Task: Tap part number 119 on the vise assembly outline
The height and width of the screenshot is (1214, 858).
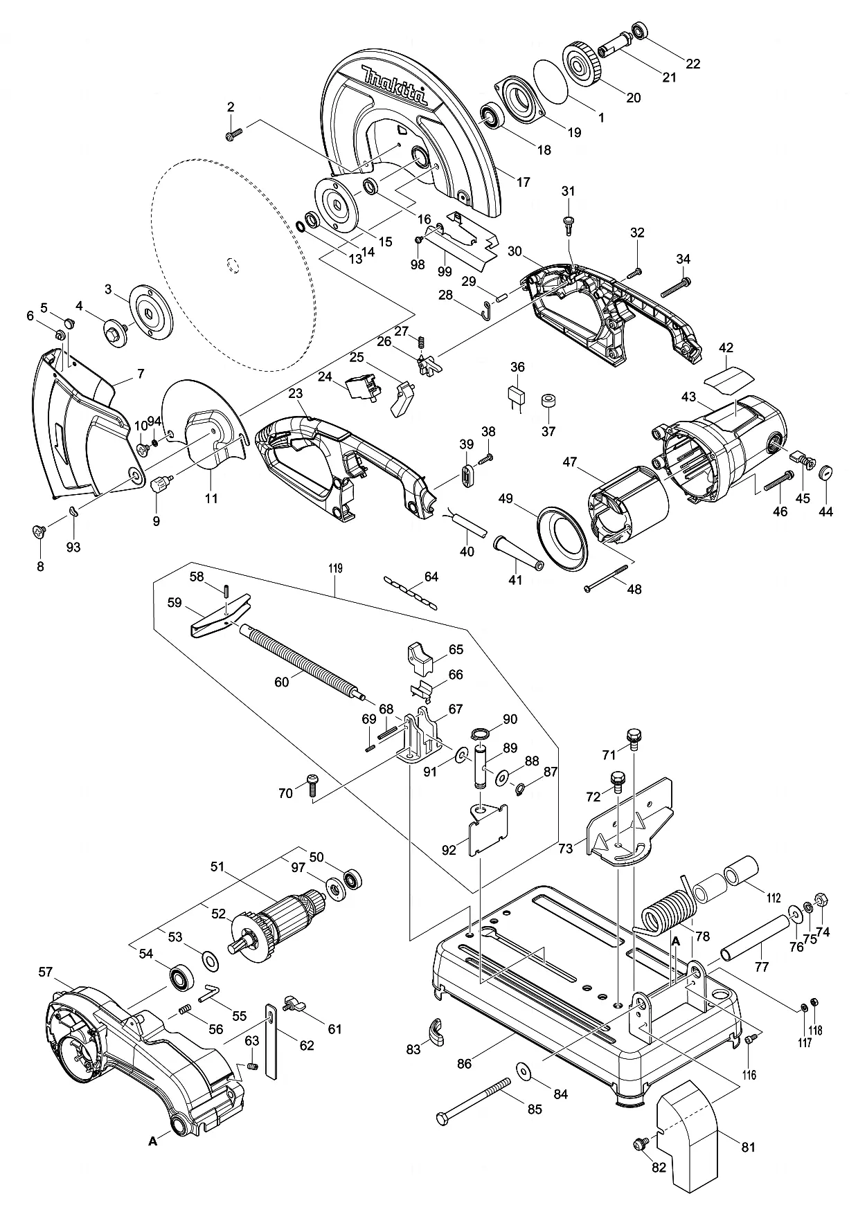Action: (x=336, y=569)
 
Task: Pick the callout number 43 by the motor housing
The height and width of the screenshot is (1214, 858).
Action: (x=688, y=397)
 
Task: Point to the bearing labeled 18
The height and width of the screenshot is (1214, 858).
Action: (x=494, y=116)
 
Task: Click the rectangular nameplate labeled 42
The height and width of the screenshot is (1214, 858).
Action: (x=728, y=378)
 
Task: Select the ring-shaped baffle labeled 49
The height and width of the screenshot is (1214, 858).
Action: (x=562, y=538)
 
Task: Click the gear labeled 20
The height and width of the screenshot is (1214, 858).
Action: (x=584, y=62)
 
